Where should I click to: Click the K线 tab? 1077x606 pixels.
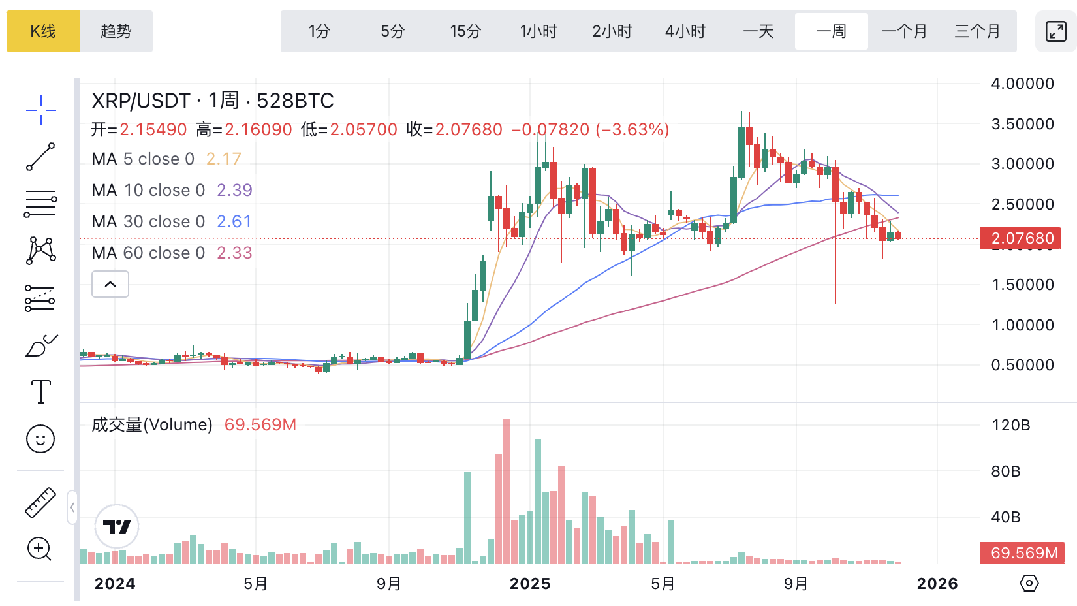point(43,31)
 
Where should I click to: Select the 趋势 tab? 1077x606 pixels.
point(116,31)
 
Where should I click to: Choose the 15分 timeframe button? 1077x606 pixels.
point(465,31)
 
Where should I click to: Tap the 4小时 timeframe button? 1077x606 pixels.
point(685,31)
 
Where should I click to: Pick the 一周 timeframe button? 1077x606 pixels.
point(831,31)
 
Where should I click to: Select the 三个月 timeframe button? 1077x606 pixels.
point(977,31)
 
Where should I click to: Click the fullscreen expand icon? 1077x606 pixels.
point(1055,31)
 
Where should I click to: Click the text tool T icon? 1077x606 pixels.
point(40,392)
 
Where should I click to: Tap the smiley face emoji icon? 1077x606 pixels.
point(40,439)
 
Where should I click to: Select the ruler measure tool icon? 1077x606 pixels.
point(40,503)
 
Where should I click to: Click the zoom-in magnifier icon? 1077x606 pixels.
point(39,549)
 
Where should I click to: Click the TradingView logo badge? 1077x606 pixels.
point(117,526)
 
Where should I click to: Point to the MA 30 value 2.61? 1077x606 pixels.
point(234,221)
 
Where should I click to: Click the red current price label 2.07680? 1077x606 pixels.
point(1022,238)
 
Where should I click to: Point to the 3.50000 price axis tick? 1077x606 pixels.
point(1022,124)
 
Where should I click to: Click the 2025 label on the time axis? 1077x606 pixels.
point(530,584)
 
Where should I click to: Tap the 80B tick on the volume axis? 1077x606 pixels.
point(1005,471)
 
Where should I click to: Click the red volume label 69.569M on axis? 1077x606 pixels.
point(1023,553)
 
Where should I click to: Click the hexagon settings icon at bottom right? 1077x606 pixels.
point(1029,583)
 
